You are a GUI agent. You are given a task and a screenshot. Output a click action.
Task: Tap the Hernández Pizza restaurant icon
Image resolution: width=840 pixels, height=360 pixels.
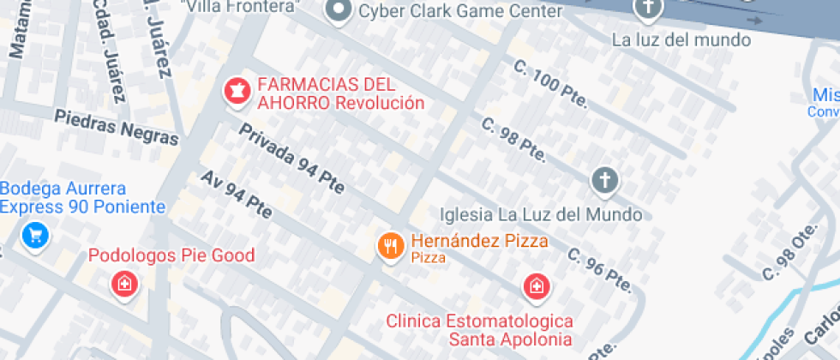pyautogui.click(x=390, y=247)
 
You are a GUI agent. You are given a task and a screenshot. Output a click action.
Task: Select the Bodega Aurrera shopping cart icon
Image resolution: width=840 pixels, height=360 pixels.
pyautogui.click(x=35, y=233)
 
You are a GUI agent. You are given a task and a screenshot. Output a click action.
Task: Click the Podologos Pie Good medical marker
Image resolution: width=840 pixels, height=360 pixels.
pyautogui.click(x=125, y=284)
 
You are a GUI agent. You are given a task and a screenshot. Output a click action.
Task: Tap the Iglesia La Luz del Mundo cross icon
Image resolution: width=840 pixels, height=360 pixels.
pyautogui.click(x=604, y=181)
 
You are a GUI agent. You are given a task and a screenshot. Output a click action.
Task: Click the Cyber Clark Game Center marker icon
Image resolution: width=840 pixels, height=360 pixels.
pyautogui.click(x=339, y=12)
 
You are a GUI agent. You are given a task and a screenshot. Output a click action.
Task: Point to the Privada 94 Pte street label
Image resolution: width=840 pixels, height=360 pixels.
pyautogui.click(x=291, y=159)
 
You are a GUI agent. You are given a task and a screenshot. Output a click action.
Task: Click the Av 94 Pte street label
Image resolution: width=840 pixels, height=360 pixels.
pyautogui.click(x=236, y=194)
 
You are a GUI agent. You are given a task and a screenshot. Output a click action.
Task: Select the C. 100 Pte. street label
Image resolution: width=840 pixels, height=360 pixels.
pyautogui.click(x=550, y=83)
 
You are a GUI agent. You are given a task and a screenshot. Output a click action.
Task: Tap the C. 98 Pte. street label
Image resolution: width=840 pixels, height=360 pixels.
pyautogui.click(x=513, y=138)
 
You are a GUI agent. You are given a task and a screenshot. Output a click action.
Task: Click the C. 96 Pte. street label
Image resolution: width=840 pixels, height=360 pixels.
pyautogui.click(x=600, y=268)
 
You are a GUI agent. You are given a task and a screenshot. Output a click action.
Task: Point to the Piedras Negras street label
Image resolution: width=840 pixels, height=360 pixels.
pyautogui.click(x=117, y=127)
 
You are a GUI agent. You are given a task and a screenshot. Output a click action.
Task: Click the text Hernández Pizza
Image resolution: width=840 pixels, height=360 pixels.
pyautogui.click(x=479, y=242)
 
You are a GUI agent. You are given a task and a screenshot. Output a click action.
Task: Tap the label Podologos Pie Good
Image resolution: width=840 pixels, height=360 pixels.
pyautogui.click(x=172, y=255)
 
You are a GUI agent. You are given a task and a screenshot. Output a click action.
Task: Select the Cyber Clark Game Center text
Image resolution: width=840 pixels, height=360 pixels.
pyautogui.click(x=459, y=11)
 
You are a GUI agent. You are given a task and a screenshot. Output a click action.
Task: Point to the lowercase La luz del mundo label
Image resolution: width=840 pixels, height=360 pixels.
pyautogui.click(x=681, y=39)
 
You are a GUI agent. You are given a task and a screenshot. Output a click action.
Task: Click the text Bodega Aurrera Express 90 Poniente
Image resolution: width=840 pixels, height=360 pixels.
pyautogui.click(x=82, y=198)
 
